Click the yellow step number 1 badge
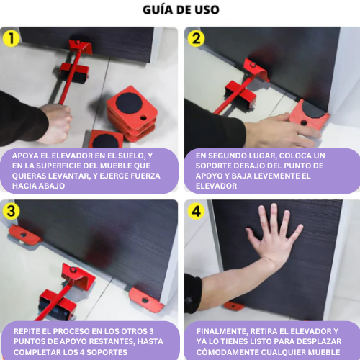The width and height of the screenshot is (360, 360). click(12, 39)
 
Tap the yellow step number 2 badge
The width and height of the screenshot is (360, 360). click(197, 39)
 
